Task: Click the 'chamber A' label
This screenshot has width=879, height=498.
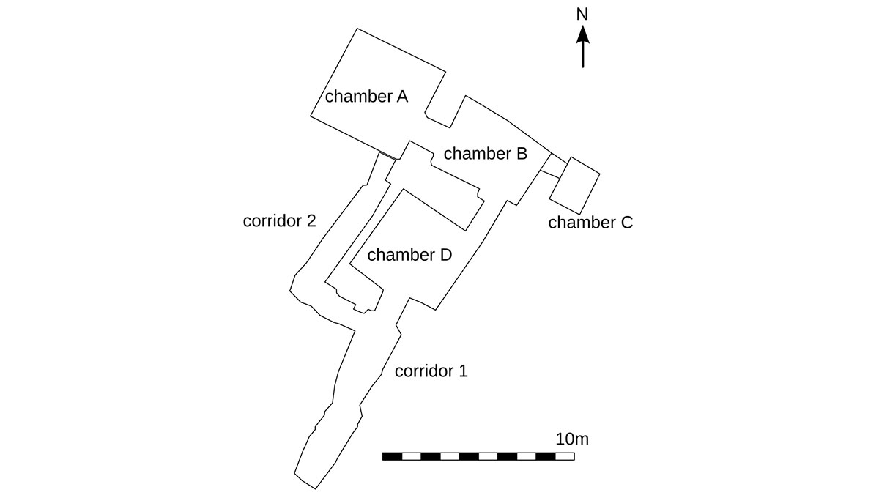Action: (366, 96)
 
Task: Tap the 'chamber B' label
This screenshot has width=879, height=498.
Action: (485, 154)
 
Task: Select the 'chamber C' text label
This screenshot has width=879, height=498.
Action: (590, 223)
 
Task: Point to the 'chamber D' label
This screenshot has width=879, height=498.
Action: (409, 255)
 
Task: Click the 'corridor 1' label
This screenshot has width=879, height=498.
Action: (431, 371)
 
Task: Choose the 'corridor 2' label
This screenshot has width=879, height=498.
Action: (279, 220)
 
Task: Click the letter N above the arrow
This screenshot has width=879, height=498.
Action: (582, 15)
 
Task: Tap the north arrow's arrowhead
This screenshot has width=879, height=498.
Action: (582, 34)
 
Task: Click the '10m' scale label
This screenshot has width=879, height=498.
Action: (571, 439)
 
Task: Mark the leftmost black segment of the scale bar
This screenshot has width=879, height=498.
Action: (392, 456)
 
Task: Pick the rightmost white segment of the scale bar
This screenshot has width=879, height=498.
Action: (565, 456)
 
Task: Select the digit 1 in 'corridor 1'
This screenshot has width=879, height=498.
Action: (462, 371)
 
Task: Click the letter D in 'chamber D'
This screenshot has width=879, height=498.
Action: (445, 255)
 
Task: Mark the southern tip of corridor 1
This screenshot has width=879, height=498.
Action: (316, 488)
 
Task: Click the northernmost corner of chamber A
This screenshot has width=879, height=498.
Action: (357, 29)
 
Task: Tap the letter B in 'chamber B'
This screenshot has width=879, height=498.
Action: (521, 154)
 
